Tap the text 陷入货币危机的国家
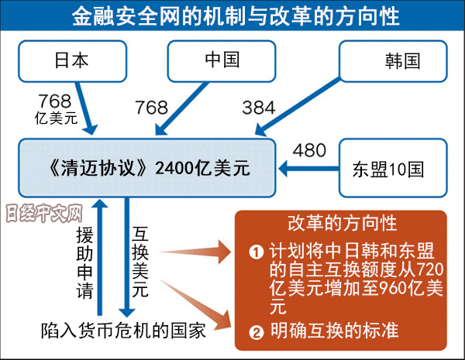point(123,331)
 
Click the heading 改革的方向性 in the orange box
point(341,225)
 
